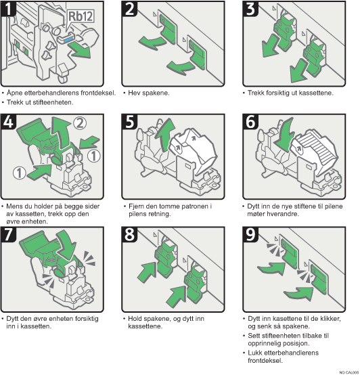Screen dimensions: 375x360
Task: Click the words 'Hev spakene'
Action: click(150, 92)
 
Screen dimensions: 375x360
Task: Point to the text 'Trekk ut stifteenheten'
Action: click(41, 102)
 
